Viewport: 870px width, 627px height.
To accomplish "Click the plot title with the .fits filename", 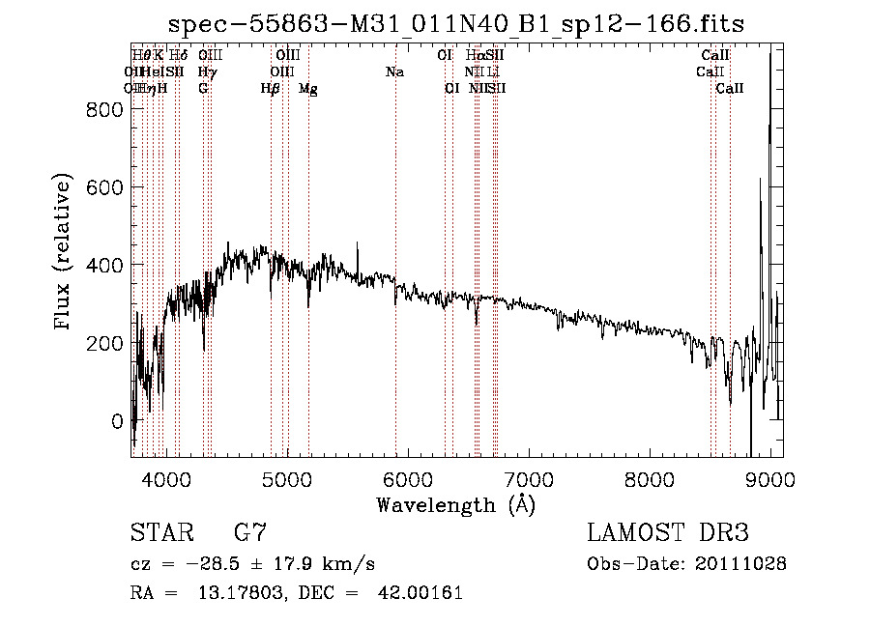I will click(456, 24).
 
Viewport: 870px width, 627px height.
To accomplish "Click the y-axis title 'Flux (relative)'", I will click(64, 253).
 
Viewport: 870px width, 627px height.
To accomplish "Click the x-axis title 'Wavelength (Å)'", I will click(455, 504).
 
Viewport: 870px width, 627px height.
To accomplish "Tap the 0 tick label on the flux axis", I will click(116, 421).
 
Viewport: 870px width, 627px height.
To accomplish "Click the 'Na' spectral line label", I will click(394, 72).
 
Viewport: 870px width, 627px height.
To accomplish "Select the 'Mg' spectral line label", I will click(308, 89).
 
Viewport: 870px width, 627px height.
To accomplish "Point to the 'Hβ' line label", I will click(271, 89).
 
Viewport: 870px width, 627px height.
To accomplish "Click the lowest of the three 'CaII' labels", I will click(730, 89).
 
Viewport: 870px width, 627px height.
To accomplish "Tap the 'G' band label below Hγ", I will click(203, 89).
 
